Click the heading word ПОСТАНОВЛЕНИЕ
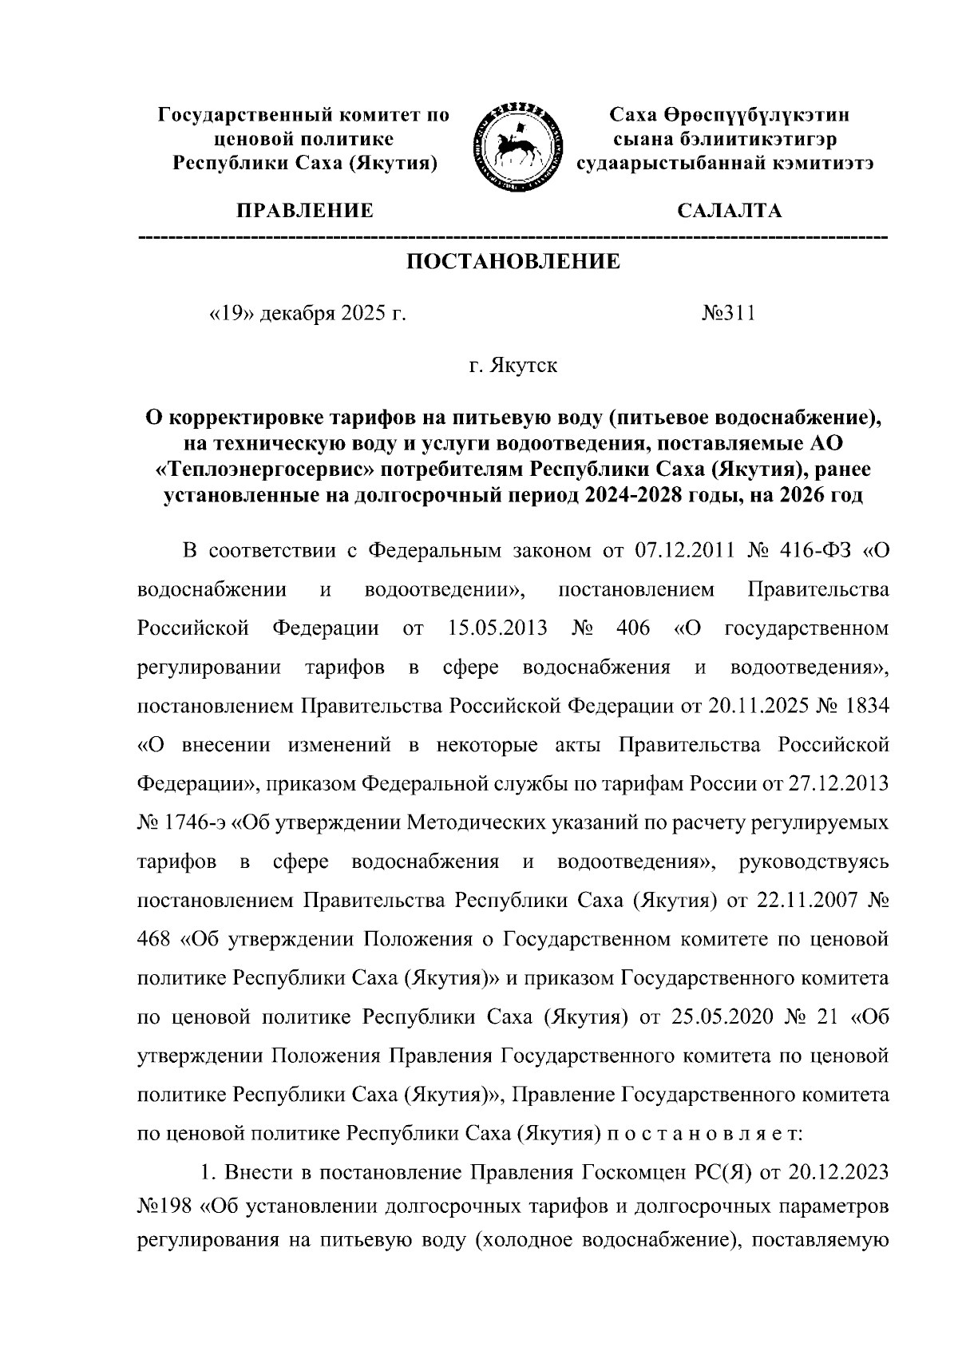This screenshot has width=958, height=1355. [x=513, y=261]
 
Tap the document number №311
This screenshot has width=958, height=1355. [x=728, y=314]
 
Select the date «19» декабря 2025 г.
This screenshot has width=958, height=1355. [x=307, y=314]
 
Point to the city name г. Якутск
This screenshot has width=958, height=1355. [x=513, y=366]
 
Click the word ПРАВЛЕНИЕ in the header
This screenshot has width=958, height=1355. [x=304, y=211]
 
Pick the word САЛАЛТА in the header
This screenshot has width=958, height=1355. [x=729, y=211]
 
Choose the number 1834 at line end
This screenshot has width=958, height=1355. [x=863, y=705]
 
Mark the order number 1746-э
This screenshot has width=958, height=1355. [x=194, y=822]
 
